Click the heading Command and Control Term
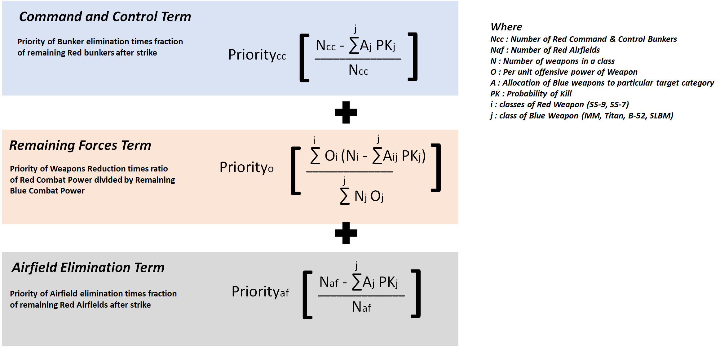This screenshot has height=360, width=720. tap(105, 17)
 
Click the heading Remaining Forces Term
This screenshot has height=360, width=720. tap(80, 145)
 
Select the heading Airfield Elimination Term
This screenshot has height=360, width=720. tap(88, 268)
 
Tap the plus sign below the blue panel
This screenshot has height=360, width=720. tap(346, 113)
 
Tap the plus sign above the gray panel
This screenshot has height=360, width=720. tap(346, 233)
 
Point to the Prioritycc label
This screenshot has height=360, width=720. tap(257, 55)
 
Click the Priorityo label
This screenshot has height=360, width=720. tap(246, 168)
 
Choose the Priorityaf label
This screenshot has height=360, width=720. tap(260, 292)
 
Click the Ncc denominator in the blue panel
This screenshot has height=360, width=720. tap(358, 70)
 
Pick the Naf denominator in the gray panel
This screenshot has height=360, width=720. tap(361, 307)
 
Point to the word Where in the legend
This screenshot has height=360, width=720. tap(506, 27)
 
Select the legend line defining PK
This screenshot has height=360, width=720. tap(531, 94)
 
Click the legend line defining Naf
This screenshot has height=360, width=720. tap(545, 50)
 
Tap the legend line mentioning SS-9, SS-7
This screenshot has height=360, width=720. tap(559, 104)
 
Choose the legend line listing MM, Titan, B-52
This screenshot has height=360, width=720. tap(581, 116)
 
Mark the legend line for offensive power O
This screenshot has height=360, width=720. tap(564, 72)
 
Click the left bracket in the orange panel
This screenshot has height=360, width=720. tap(296, 171)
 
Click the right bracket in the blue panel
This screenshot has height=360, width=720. tap(413, 57)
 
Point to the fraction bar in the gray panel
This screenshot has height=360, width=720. tap(361, 296)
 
